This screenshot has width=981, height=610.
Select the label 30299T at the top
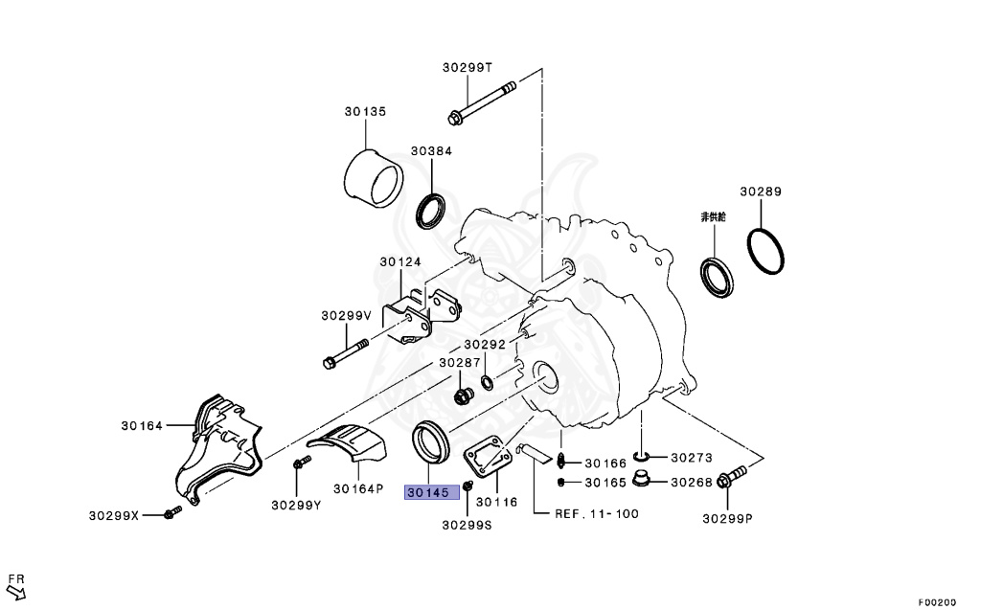click(468, 68)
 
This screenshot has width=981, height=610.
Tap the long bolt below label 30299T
click(482, 102)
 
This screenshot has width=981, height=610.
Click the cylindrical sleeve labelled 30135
click(375, 179)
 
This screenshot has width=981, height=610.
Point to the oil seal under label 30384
click(431, 212)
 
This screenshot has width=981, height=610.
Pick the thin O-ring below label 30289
click(765, 252)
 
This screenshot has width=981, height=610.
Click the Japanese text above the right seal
click(713, 217)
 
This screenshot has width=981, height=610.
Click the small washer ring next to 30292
click(487, 382)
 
